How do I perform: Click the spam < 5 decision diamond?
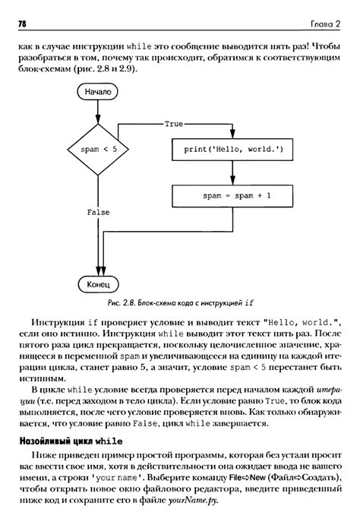click(98, 150)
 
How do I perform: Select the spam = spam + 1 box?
click(232, 195)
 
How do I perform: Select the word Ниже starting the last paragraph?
click(43, 457)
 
